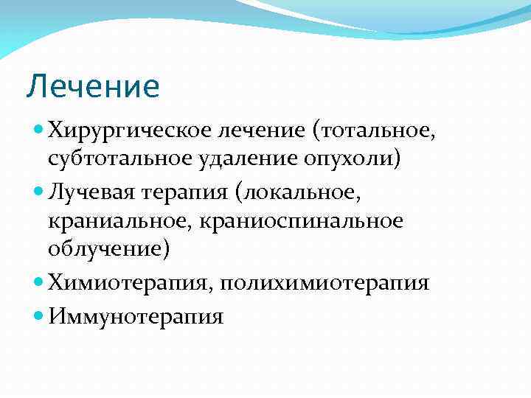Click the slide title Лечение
[92, 86]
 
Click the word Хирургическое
[129, 131]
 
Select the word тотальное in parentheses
[364, 131]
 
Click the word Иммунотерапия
[136, 317]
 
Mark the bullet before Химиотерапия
[39, 282]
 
